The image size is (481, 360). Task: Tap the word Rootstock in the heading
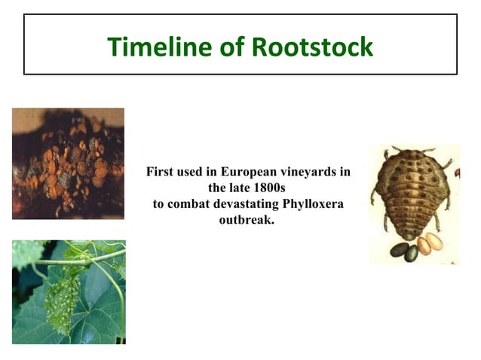click(x=311, y=47)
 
